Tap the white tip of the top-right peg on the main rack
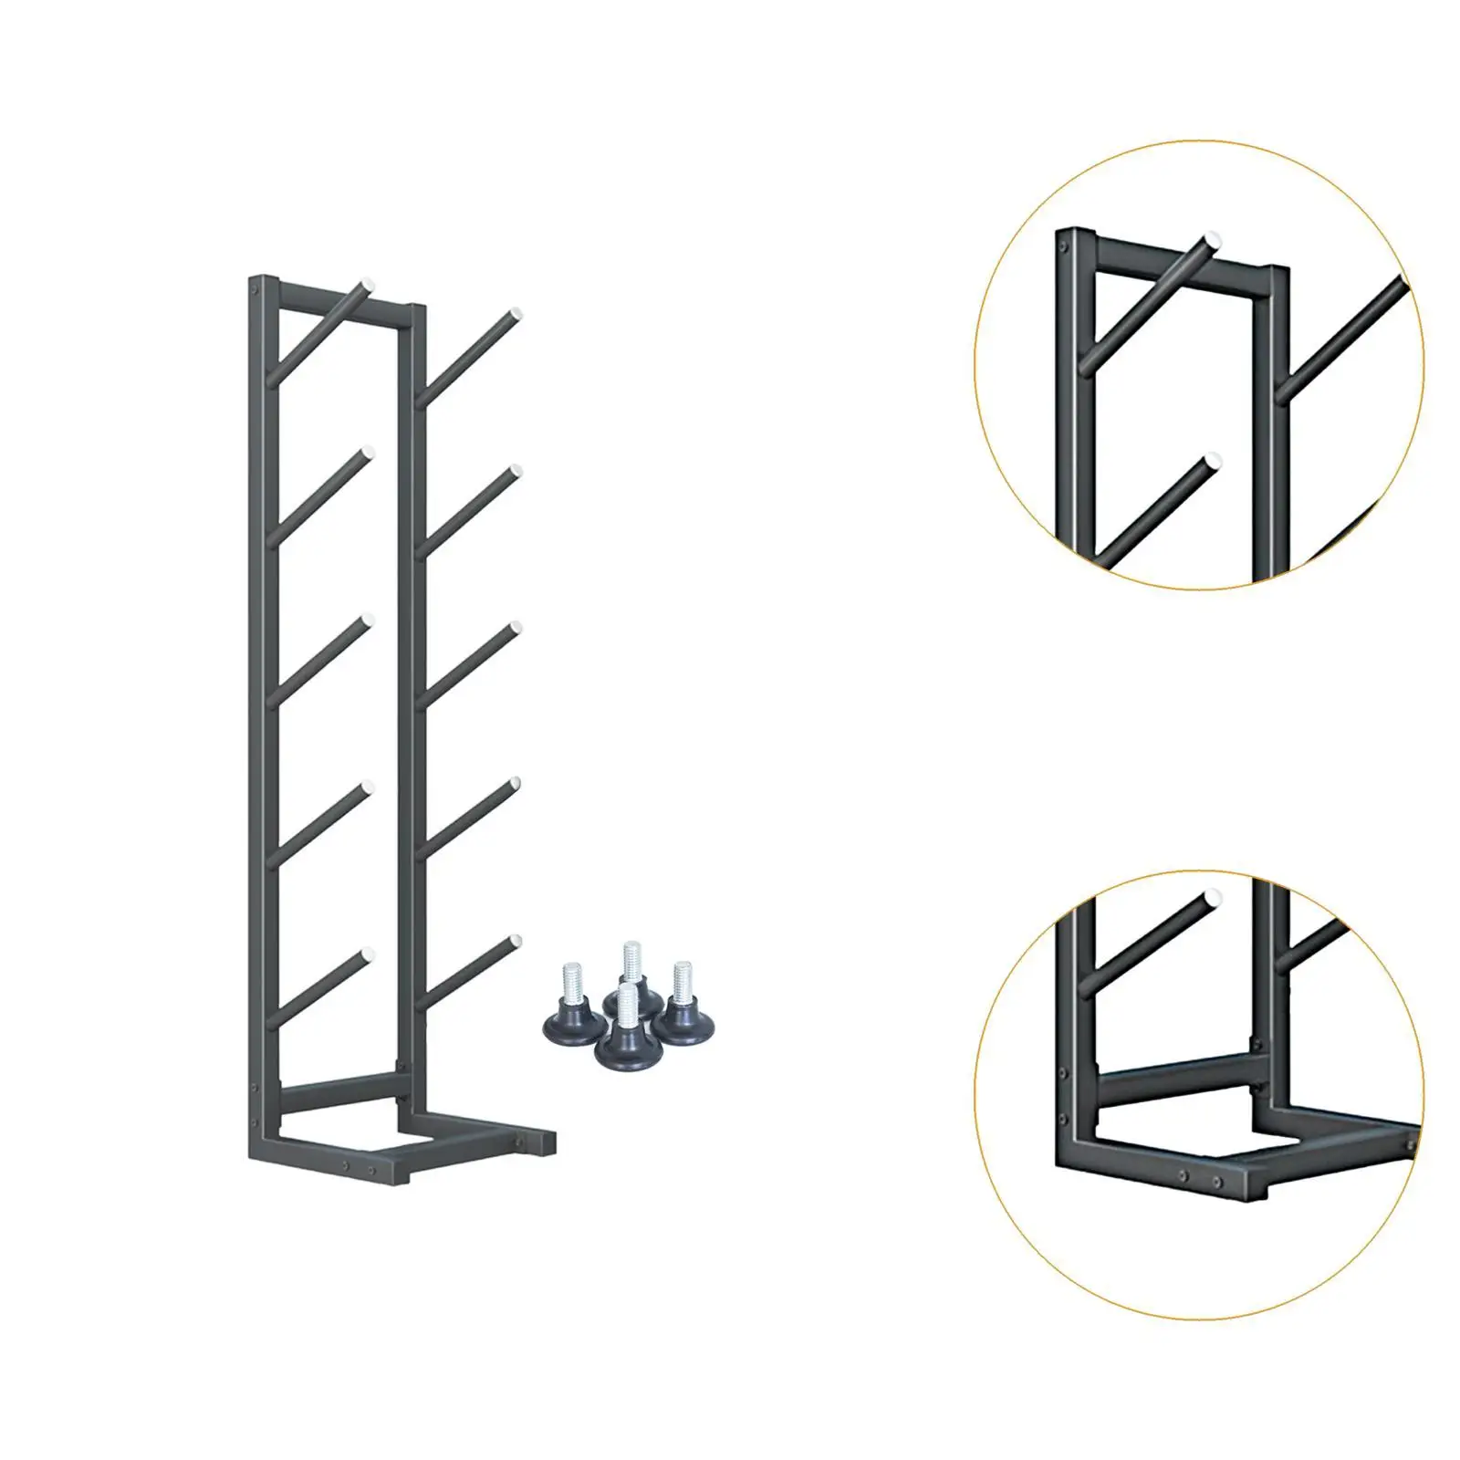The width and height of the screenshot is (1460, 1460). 516,314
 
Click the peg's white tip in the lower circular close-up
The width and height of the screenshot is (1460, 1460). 1213,897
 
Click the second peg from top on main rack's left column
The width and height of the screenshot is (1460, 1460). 319,493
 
